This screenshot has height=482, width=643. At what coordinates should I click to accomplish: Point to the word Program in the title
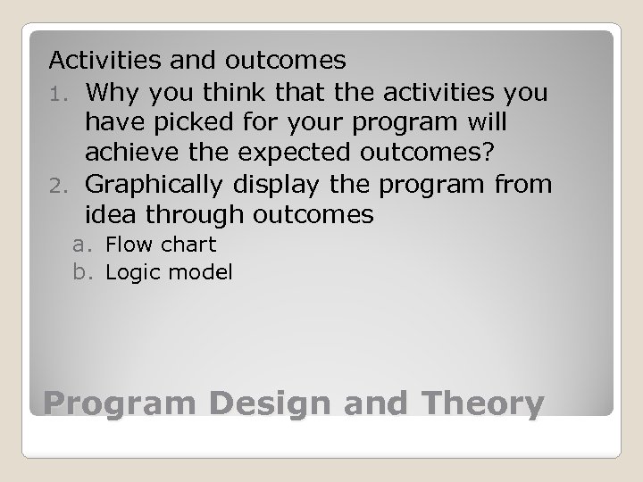point(116,403)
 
